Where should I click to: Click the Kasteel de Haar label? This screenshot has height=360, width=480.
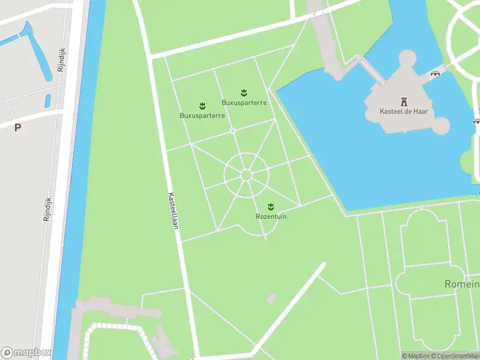(x=403, y=111)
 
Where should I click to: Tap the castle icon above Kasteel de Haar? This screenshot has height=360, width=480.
(x=403, y=101)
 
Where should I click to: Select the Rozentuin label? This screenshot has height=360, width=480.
(x=271, y=216)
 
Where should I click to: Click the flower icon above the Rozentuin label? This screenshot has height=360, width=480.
(x=271, y=206)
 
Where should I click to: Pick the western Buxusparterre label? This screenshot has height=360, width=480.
(x=202, y=115)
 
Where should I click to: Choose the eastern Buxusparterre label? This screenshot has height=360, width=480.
(x=244, y=103)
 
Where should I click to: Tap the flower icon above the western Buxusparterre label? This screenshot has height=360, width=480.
(x=202, y=106)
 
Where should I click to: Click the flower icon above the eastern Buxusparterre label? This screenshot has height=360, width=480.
(x=244, y=92)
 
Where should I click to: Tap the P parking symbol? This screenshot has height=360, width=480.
(x=17, y=127)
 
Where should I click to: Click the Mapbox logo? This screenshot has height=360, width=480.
(x=26, y=353)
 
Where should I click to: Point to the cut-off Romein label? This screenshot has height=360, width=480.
(x=462, y=283)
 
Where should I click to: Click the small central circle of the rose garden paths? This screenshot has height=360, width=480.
(x=245, y=175)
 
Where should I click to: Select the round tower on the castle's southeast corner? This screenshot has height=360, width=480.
(x=440, y=125)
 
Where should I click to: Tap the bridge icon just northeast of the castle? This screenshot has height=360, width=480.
(x=435, y=73)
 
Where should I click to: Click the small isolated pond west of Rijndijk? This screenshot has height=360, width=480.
(x=48, y=100)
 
